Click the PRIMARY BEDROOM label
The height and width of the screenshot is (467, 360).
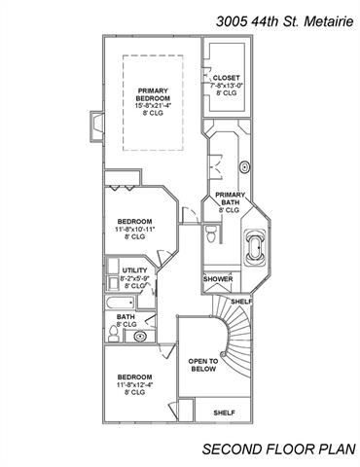tap(153, 94)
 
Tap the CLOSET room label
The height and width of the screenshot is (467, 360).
tap(227, 78)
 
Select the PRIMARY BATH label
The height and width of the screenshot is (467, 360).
tap(231, 198)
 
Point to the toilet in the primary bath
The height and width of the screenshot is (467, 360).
tap(211, 233)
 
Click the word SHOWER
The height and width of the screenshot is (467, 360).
tap(218, 279)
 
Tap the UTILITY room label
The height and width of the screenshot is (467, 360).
tap(134, 270)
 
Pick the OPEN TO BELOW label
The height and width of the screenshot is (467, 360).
tap(203, 365)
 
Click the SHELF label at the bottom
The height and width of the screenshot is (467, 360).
tap(224, 413)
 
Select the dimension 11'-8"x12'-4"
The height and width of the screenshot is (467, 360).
tap(135, 384)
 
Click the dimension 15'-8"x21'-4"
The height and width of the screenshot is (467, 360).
tap(153, 106)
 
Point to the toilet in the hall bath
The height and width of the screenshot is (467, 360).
tap(114, 334)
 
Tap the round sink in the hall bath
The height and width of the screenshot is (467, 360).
tap(140, 337)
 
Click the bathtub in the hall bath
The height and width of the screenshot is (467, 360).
tap(120, 304)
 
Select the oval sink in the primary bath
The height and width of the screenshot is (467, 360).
tap(244, 167)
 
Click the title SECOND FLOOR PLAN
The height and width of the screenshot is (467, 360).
tap(278, 449)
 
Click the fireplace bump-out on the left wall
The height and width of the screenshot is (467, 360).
tap(97, 126)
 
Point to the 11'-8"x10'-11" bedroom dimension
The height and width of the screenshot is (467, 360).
tap(135, 229)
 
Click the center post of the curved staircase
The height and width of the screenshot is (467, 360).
tap(223, 353)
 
